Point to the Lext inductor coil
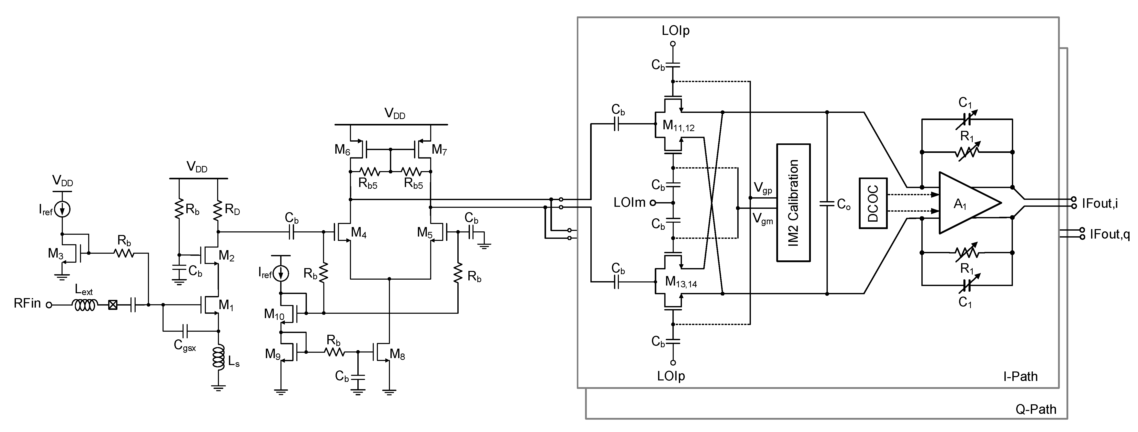pos(86,305)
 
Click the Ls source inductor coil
pos(218,357)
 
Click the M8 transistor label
pos(397,354)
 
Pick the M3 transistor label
pos(56,253)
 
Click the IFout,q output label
pos(1109,234)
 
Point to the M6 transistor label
pos(342,150)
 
